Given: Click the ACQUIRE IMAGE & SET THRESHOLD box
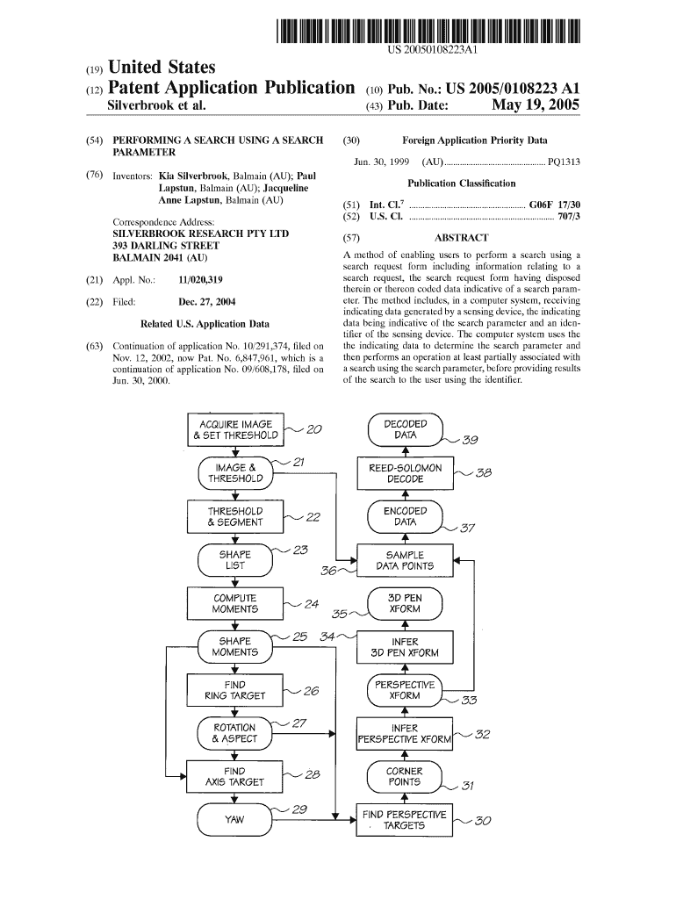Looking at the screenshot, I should (x=235, y=429).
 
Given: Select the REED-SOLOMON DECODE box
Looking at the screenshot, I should (x=405, y=473).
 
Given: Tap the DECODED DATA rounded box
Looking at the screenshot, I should (x=405, y=429).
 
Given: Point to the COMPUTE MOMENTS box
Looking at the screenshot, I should (x=235, y=603).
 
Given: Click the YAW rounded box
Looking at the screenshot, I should (x=235, y=820).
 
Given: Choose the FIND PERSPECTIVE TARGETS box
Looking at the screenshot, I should (x=405, y=820).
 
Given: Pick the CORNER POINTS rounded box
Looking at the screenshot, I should (x=405, y=776).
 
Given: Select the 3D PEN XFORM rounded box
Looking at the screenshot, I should (x=405, y=603).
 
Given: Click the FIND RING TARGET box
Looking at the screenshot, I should (x=235, y=690).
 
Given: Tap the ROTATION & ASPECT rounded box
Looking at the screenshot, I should (x=235, y=733).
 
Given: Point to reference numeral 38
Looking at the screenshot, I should (x=483, y=473).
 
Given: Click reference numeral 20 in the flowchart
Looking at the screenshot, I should (x=314, y=429).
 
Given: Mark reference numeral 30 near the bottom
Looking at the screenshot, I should (x=483, y=822).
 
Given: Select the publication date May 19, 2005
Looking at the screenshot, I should (x=536, y=107).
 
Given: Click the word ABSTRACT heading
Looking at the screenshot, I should (x=461, y=238).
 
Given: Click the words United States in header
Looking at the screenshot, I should (x=161, y=68).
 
